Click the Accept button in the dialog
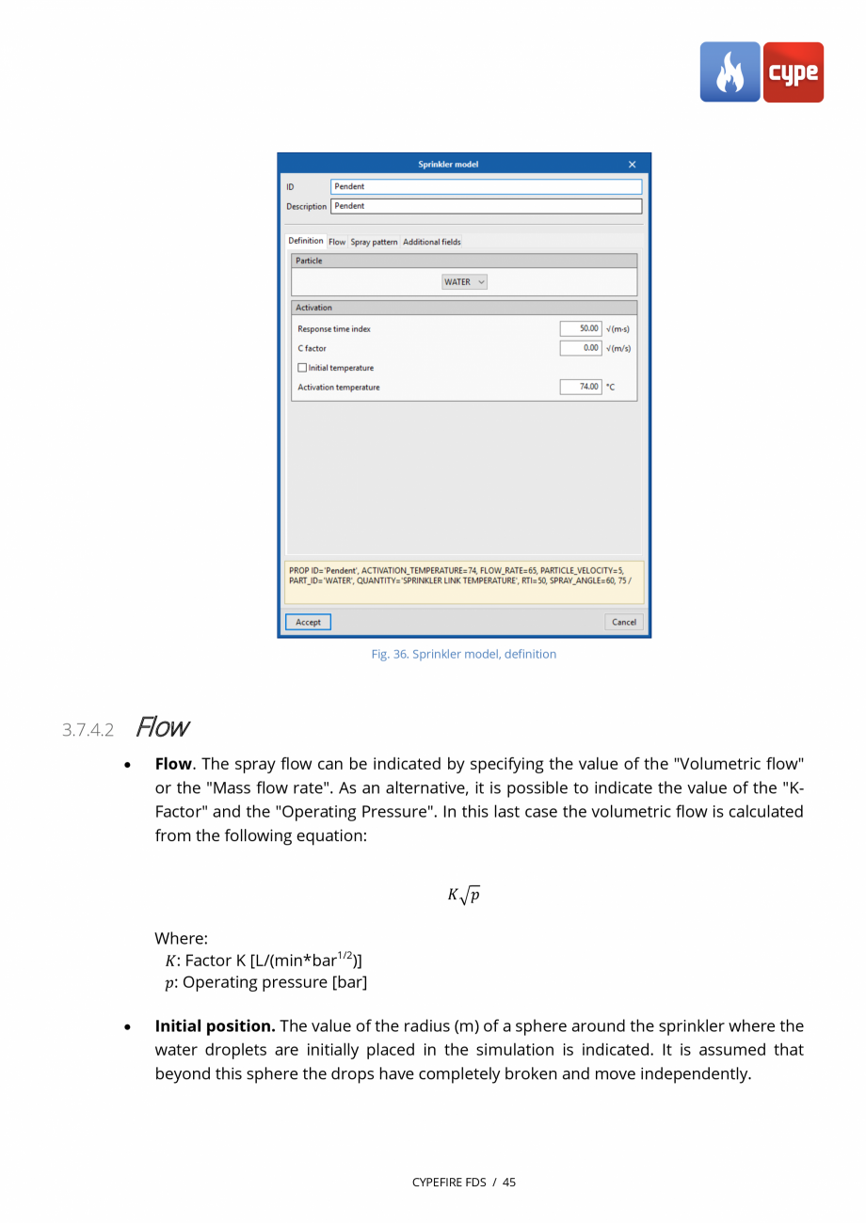click(308, 622)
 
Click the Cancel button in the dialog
click(623, 622)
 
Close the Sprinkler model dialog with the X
click(632, 165)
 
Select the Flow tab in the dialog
click(337, 242)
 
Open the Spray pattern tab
click(374, 242)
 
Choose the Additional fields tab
click(431, 242)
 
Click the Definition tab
click(306, 241)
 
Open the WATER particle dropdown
click(465, 282)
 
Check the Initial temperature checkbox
click(302, 368)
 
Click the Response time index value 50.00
click(581, 329)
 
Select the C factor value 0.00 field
click(581, 348)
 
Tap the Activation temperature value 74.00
click(581, 387)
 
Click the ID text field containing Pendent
click(486, 186)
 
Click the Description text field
click(486, 206)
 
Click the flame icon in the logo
click(730, 72)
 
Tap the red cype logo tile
click(793, 72)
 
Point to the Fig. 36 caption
click(463, 654)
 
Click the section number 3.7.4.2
click(88, 730)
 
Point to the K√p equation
click(464, 895)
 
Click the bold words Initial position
click(215, 1025)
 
